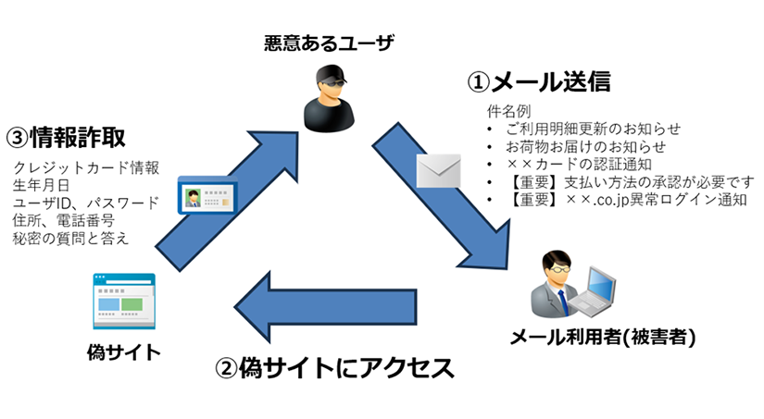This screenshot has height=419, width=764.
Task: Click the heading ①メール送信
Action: (x=538, y=82)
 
